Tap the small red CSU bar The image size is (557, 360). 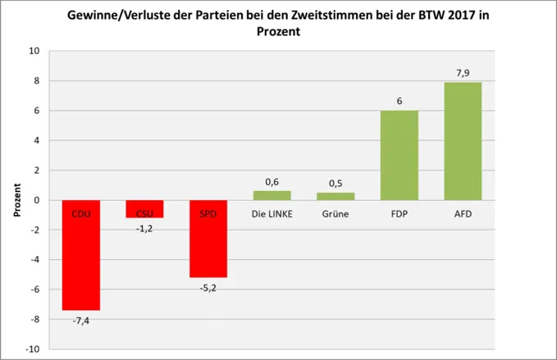144,209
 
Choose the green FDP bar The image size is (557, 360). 399,155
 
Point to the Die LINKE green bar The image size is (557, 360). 272,196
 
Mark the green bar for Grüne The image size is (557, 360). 336,197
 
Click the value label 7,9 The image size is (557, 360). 463,74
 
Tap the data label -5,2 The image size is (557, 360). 208,288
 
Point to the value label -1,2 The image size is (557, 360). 144,228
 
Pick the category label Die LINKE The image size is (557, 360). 272,214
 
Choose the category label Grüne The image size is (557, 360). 336,214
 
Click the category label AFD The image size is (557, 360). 463,214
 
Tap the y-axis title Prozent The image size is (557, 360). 17,200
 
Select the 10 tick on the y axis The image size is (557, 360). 34,51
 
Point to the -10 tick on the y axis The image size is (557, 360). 33,349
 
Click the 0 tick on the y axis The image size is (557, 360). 37,200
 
